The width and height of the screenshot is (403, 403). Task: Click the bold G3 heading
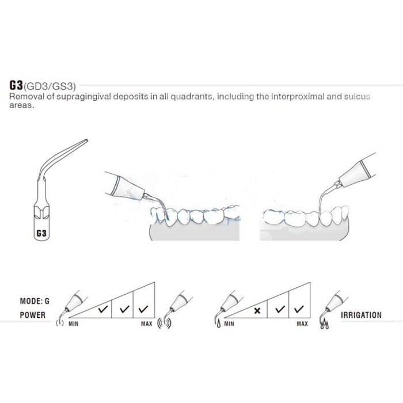coord(16,85)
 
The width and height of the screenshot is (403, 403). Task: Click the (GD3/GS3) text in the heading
coord(50,86)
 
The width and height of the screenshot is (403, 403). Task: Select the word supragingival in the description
coord(84,97)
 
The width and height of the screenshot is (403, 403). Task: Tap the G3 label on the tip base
coord(41,233)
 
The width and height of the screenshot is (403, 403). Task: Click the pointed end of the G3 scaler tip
coord(86,140)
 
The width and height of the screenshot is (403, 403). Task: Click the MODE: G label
coord(35,301)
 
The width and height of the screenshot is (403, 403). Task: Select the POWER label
coord(33,315)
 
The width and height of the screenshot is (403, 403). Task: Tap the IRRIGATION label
coord(361,315)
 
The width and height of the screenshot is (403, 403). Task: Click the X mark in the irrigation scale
coord(257,311)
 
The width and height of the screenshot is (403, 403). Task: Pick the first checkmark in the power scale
coord(103,309)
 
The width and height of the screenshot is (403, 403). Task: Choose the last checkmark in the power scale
coord(143,309)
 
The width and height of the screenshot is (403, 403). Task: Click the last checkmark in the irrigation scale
coord(299,309)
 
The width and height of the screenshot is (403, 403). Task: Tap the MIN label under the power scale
coord(74,324)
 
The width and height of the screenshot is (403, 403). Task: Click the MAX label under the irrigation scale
coord(302,324)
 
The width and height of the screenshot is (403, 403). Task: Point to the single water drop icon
coord(219,324)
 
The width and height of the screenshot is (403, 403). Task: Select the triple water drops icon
coord(324,324)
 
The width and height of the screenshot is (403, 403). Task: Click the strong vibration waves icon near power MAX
coord(164,324)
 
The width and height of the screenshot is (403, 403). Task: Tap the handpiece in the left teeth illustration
coord(124,185)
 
